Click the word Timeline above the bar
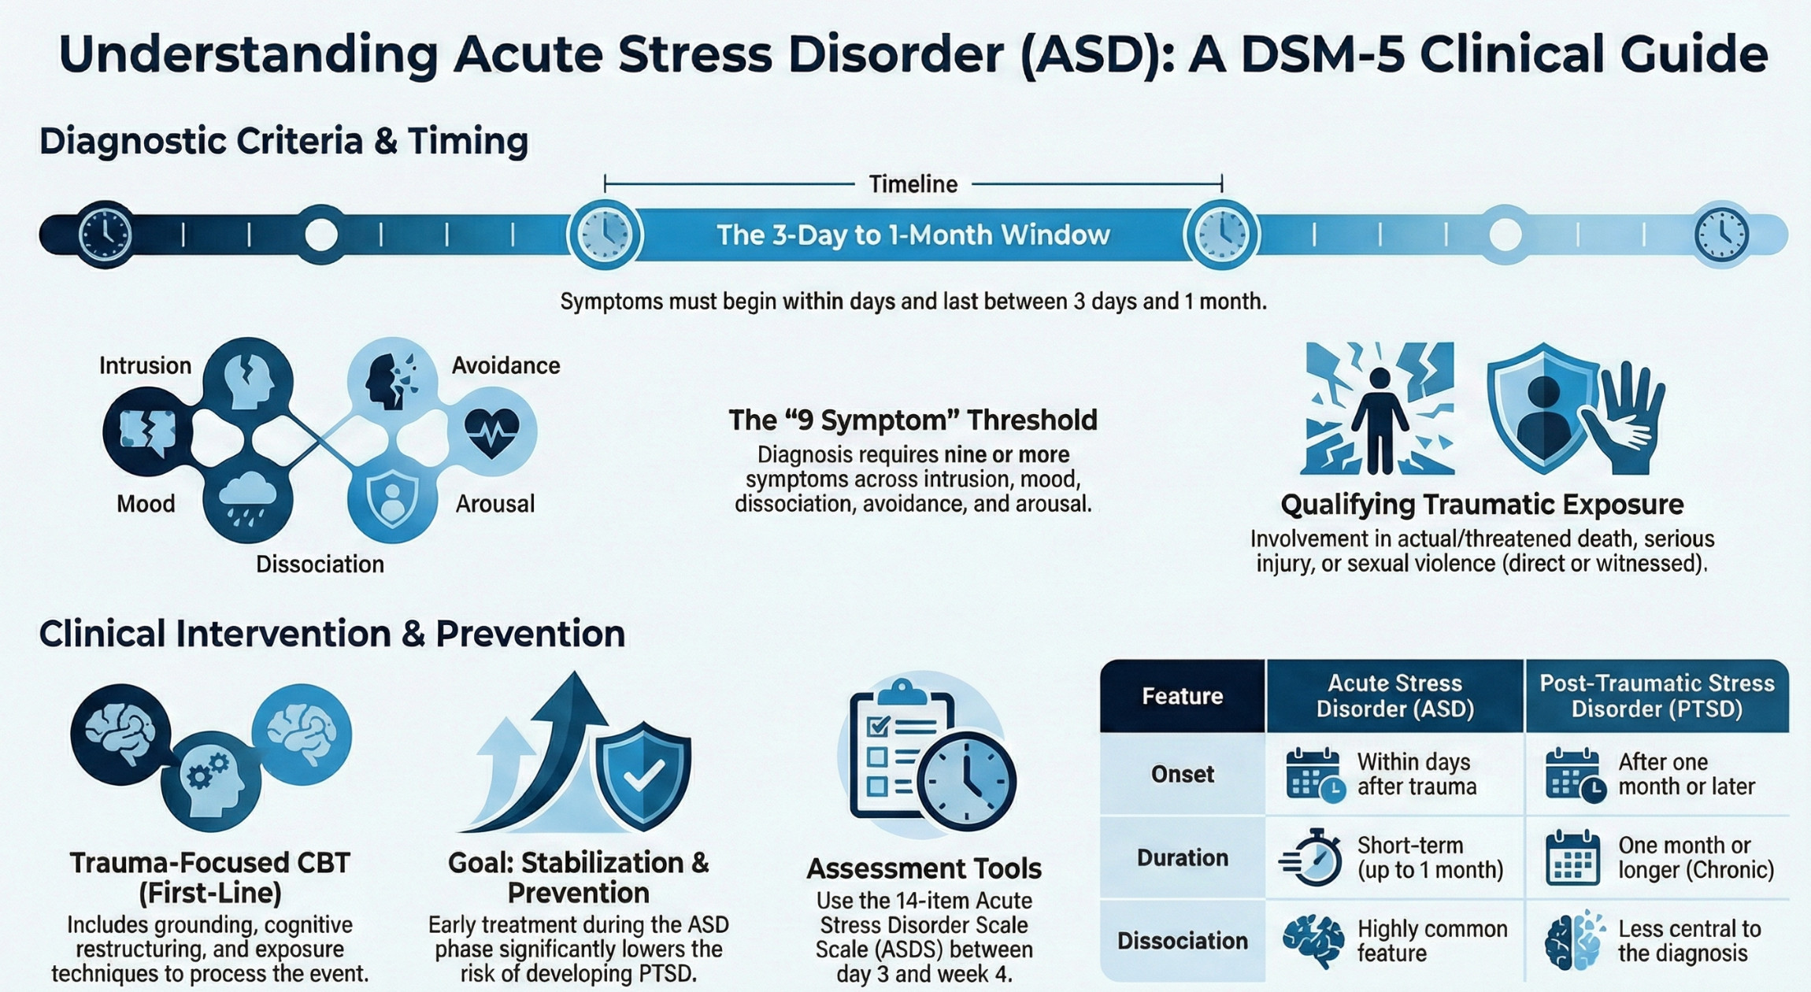click(x=913, y=184)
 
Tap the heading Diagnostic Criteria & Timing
click(x=283, y=142)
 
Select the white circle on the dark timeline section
click(x=320, y=234)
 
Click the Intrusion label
click(x=145, y=365)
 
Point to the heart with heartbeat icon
click(x=492, y=431)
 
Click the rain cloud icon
click(x=247, y=501)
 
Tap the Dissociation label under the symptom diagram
click(x=320, y=564)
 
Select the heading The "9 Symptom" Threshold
click(x=913, y=420)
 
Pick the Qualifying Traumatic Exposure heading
click(x=1482, y=505)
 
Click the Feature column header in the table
click(x=1182, y=696)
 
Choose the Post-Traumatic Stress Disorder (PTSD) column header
click(x=1657, y=696)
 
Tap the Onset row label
click(x=1182, y=775)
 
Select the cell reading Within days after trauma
click(x=1416, y=775)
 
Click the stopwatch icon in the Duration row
click(x=1313, y=857)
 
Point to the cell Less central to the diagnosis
click(x=1688, y=941)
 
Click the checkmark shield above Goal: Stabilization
click(x=643, y=776)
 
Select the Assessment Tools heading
click(x=924, y=868)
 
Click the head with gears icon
click(x=209, y=779)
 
